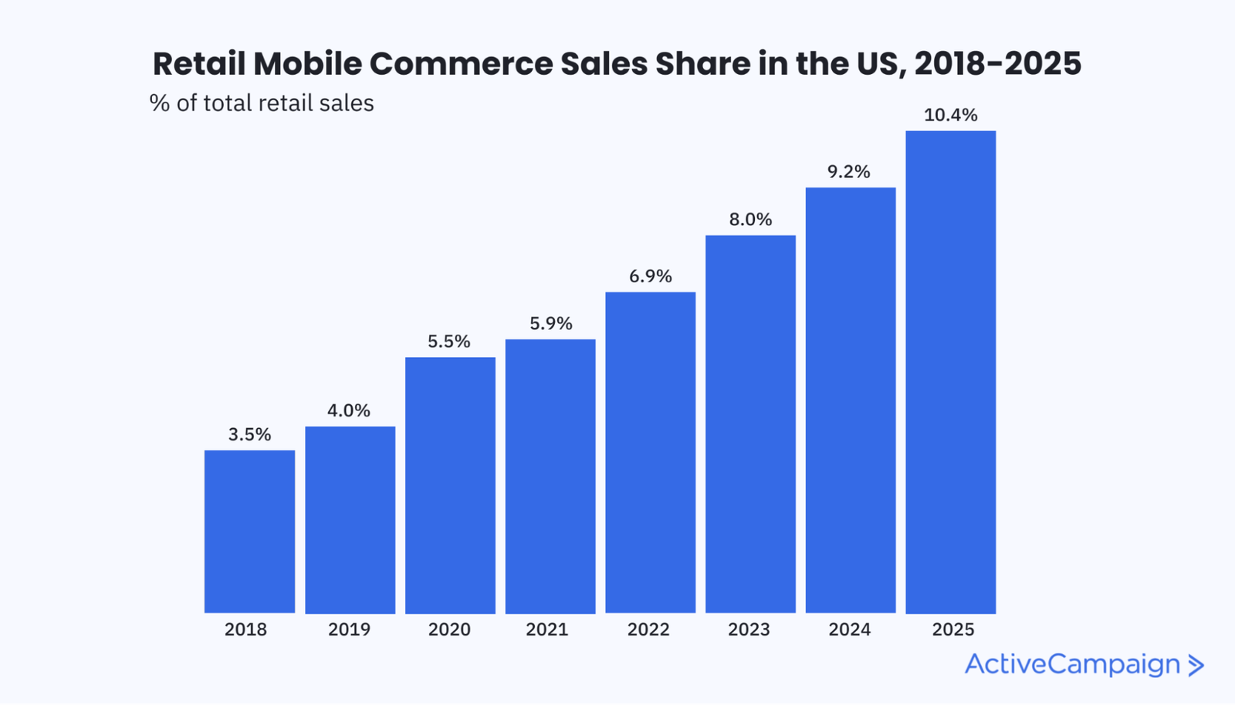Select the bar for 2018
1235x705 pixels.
click(x=249, y=531)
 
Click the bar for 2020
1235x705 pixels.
click(x=450, y=485)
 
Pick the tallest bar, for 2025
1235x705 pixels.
click(x=950, y=372)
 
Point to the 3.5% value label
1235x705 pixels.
click(x=249, y=434)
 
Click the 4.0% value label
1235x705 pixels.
click(x=349, y=410)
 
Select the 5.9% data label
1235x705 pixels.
click(x=550, y=323)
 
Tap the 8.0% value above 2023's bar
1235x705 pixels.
click(x=750, y=220)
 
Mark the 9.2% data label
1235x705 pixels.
click(x=849, y=172)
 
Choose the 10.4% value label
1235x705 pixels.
click(x=950, y=116)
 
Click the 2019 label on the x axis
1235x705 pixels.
click(x=349, y=629)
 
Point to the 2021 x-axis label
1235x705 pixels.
click(x=547, y=629)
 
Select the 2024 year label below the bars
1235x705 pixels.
click(x=849, y=629)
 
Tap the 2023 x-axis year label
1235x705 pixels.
click(x=749, y=629)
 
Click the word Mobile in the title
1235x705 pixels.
click(x=307, y=64)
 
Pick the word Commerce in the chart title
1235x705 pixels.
click(x=461, y=64)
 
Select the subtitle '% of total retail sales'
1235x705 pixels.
click(x=262, y=103)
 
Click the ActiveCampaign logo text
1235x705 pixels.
click(x=1072, y=664)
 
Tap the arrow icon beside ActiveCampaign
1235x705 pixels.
click(x=1196, y=666)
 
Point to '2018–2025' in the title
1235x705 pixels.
click(x=997, y=64)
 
